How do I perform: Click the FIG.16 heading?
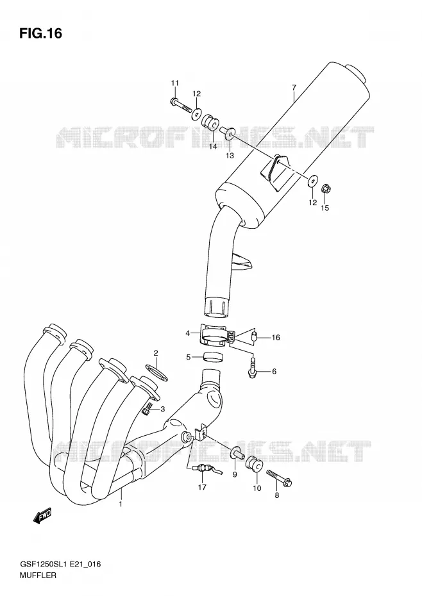(x=40, y=33)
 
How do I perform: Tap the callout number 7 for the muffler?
(x=294, y=87)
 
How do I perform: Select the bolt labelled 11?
(x=180, y=104)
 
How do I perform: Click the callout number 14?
(x=213, y=146)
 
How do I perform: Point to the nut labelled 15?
(x=325, y=188)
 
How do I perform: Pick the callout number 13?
(x=230, y=156)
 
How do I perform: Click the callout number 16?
(x=276, y=337)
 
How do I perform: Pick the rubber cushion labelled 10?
(x=253, y=465)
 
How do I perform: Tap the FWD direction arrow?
(x=42, y=516)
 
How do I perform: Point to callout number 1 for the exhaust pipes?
(x=121, y=504)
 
